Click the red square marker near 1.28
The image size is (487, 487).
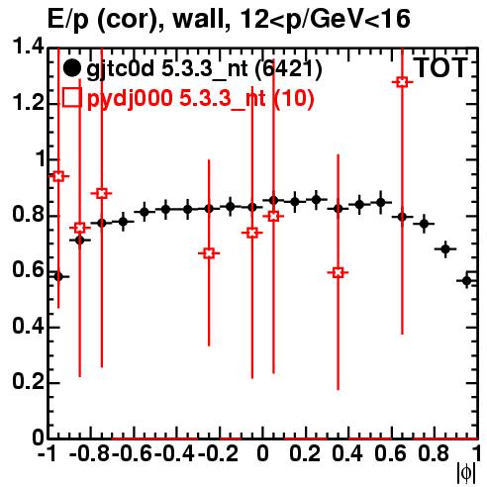click(x=402, y=82)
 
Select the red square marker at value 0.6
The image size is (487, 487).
click(x=338, y=272)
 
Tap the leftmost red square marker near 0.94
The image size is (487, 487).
click(x=58, y=176)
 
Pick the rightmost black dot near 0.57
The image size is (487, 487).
click(x=466, y=281)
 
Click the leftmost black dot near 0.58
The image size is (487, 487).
click(x=58, y=276)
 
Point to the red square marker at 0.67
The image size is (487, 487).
click(x=209, y=253)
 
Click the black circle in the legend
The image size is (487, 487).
click(x=71, y=68)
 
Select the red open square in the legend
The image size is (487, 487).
click(x=72, y=97)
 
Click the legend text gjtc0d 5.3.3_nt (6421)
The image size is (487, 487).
click(x=204, y=69)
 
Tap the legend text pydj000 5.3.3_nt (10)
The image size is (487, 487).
click(x=201, y=98)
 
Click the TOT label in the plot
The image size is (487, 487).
click(x=440, y=67)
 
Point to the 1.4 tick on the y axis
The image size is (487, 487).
click(x=29, y=47)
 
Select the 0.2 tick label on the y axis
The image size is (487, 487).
click(x=29, y=382)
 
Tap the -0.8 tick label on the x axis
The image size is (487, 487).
click(x=90, y=454)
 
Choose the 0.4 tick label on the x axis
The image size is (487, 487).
click(x=347, y=454)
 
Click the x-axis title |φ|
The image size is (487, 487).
click(x=466, y=473)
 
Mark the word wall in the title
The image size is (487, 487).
click(x=199, y=19)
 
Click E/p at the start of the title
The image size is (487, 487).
click(x=68, y=20)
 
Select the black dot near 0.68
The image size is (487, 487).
click(x=445, y=249)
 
